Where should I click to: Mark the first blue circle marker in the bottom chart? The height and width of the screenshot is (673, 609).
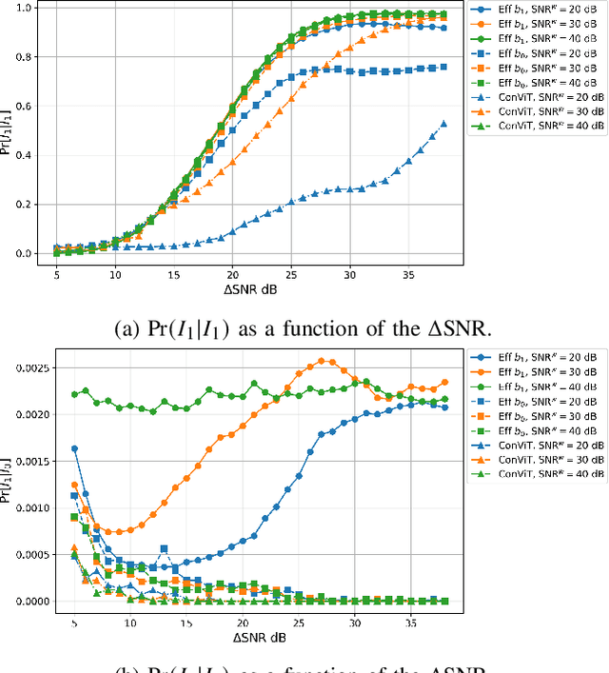74,448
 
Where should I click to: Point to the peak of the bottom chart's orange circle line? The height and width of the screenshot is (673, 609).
321,361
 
